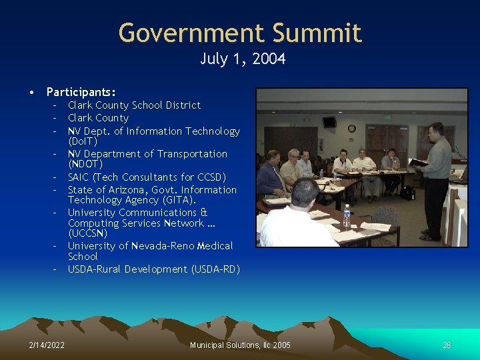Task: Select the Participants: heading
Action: click(81, 92)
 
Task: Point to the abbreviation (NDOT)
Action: click(85, 164)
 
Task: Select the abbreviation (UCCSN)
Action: click(88, 233)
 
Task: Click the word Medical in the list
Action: click(214, 246)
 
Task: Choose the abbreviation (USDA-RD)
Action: click(215, 269)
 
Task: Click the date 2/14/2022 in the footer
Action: click(47, 345)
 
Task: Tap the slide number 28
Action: click(447, 345)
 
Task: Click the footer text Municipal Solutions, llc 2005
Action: click(240, 345)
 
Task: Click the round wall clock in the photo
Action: click(351, 128)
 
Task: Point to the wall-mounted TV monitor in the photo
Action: click(329, 122)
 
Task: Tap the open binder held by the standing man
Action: click(419, 163)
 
